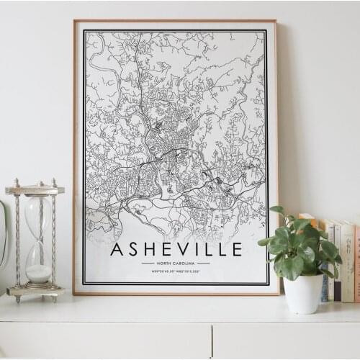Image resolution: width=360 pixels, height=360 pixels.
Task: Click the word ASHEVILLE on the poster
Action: pyautogui.click(x=176, y=250)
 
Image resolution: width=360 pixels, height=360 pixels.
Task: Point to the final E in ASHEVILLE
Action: pyautogui.click(x=235, y=250)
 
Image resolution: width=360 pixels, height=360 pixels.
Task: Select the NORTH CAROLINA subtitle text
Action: pyautogui.click(x=176, y=264)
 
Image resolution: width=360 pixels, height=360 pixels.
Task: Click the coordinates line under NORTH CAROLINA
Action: pyautogui.click(x=176, y=272)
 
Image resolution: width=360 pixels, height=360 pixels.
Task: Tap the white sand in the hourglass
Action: pyautogui.click(x=39, y=273)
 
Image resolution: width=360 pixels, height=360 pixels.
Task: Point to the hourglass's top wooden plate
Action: pyautogui.click(x=35, y=190)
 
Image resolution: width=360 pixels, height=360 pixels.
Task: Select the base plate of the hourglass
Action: pyautogui.click(x=35, y=291)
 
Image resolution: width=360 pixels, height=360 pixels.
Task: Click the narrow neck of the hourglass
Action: pyautogui.click(x=38, y=241)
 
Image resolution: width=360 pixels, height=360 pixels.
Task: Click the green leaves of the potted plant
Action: pyautogui.click(x=299, y=245)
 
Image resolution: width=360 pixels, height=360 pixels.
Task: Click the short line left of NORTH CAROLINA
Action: pyautogui.click(x=148, y=264)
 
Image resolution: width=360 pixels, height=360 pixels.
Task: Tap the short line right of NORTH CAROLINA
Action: pyautogui.click(x=204, y=264)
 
